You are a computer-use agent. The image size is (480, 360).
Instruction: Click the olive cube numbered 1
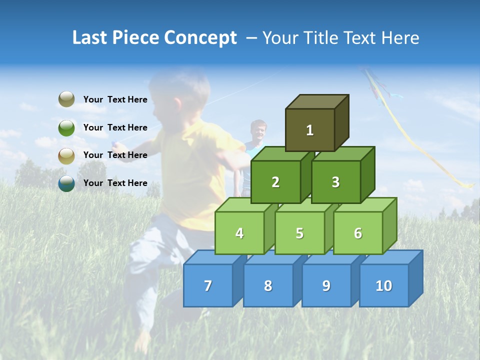(x=310, y=130)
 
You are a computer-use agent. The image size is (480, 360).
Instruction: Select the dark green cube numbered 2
(x=275, y=182)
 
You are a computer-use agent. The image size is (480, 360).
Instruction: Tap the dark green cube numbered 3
(x=335, y=182)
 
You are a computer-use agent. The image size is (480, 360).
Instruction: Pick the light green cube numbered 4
(x=239, y=233)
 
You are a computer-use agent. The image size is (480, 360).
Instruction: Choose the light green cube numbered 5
(x=299, y=233)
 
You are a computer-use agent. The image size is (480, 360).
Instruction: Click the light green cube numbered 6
(x=358, y=233)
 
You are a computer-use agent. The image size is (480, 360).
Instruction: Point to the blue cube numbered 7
(x=208, y=285)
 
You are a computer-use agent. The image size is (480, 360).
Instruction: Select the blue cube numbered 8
(x=268, y=285)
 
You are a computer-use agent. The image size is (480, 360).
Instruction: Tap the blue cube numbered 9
(x=326, y=285)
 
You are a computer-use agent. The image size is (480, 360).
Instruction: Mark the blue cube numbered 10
(x=383, y=285)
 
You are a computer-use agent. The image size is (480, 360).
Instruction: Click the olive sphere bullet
(x=66, y=99)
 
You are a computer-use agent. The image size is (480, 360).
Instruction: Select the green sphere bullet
(x=66, y=127)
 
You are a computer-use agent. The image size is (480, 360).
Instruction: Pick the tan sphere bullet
(x=66, y=155)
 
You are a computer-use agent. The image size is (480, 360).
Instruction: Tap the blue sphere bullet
(x=66, y=183)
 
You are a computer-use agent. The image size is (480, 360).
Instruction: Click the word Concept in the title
(x=200, y=38)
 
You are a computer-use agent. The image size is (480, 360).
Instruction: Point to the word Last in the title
(x=90, y=38)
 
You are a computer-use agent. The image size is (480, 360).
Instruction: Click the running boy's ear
(x=177, y=103)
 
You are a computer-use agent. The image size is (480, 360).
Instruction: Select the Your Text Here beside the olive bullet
(x=115, y=99)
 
